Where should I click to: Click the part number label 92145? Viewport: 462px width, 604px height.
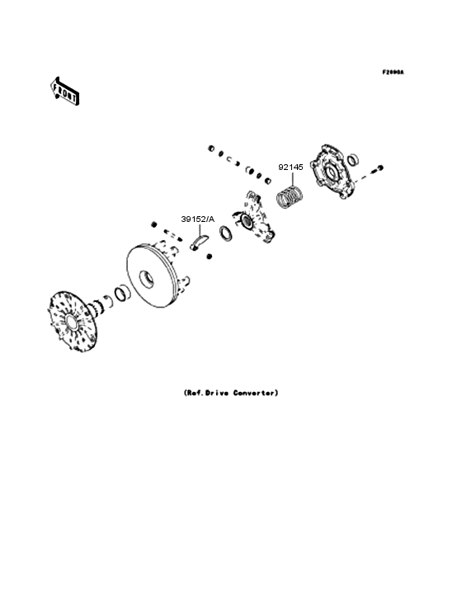(290, 167)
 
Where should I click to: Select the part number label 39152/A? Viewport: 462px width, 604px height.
(198, 219)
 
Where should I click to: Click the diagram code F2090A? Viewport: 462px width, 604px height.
(393, 73)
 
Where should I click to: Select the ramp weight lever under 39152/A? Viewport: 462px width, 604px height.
(199, 242)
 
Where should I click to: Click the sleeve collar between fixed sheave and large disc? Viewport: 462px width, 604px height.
(120, 293)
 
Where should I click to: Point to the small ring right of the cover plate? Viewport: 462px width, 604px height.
(353, 158)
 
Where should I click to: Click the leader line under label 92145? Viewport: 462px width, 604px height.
(291, 181)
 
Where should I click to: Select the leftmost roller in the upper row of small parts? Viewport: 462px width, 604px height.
(212, 149)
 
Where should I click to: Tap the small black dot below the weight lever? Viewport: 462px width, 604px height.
(210, 258)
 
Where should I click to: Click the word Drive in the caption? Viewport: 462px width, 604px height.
(219, 393)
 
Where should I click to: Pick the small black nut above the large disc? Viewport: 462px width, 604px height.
(153, 224)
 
